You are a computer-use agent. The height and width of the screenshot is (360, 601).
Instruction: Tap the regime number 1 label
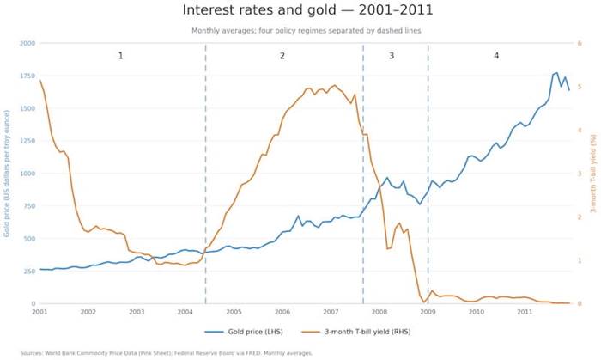point(120,56)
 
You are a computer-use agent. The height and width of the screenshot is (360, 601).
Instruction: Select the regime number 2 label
point(282,56)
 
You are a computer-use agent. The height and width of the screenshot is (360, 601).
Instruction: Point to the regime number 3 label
point(392,56)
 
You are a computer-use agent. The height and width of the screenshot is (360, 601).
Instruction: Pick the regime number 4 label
point(496,56)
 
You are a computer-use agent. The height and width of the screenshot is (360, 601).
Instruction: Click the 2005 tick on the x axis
point(234,312)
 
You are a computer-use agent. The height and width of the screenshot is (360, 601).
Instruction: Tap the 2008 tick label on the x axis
point(379,312)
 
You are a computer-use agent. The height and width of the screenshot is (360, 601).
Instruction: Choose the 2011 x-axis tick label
point(525,312)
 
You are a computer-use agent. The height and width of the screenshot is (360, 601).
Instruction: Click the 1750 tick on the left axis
point(27,76)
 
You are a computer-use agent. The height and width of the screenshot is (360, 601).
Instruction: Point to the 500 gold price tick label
point(29,239)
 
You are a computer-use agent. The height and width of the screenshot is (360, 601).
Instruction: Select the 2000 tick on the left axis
point(27,43)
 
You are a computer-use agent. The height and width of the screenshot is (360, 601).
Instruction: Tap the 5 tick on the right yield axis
point(580,87)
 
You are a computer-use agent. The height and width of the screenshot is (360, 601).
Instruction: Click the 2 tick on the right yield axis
point(580,217)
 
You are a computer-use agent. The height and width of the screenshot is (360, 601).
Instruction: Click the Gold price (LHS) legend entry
point(244,332)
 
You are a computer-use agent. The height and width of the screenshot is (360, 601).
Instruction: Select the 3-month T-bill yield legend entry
point(356,332)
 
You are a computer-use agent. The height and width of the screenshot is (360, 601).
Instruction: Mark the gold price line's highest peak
point(556,72)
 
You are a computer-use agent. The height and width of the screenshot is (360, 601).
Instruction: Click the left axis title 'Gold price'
point(7,174)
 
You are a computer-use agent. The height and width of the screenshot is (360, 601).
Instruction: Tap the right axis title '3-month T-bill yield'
point(593,174)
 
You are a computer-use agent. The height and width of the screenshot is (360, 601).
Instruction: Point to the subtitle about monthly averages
point(307,31)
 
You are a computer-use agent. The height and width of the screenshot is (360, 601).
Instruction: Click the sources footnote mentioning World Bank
point(167,353)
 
